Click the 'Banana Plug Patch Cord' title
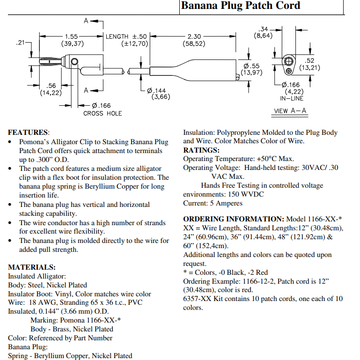[x=241, y=6]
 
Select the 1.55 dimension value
[x=72, y=37]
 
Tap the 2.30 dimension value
[x=194, y=37]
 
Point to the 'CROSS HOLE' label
[x=103, y=113]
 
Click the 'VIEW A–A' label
[x=290, y=111]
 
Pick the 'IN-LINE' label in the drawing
[x=292, y=98]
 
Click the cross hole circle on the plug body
[x=74, y=61]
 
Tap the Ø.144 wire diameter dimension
[x=156, y=91]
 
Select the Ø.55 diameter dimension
[x=251, y=66]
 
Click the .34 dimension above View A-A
[x=263, y=29]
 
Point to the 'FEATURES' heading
[x=28, y=132]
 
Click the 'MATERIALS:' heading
[x=32, y=267]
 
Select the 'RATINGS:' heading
[x=201, y=150]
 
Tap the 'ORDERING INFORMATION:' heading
[x=234, y=219]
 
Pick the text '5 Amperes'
[x=226, y=204]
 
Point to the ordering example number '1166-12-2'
[x=258, y=281]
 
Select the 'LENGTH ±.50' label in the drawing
[x=126, y=37]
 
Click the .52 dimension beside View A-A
[x=309, y=60]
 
